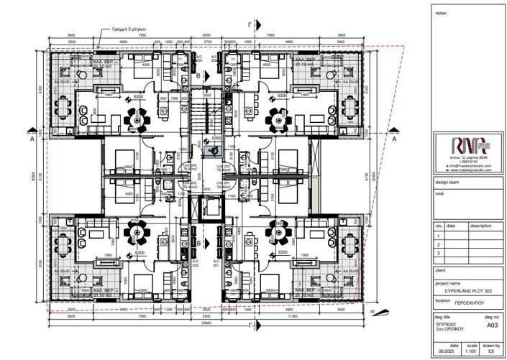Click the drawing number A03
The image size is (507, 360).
click(x=492, y=325)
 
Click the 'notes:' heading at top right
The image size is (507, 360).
click(x=442, y=13)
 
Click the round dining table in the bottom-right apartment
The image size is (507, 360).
click(x=277, y=231)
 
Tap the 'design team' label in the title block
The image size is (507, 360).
click(x=447, y=183)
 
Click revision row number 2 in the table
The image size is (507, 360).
click(x=438, y=244)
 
